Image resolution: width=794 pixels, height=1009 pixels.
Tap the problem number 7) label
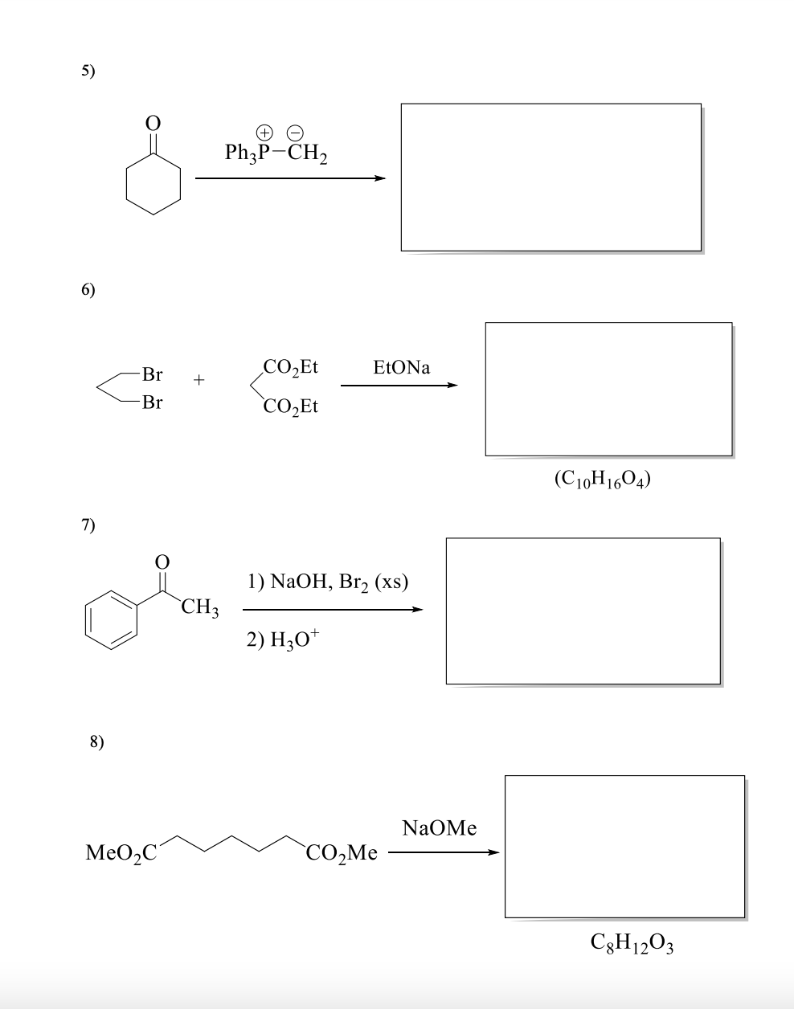tap(88, 526)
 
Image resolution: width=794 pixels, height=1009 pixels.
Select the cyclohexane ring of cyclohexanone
tap(155, 186)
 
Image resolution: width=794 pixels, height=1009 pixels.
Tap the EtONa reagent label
tap(402, 368)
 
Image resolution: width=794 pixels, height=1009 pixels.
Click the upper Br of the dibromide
tap(151, 374)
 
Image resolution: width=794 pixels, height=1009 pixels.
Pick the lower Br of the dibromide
tap(151, 402)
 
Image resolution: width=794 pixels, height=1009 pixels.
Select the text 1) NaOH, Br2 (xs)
tap(328, 582)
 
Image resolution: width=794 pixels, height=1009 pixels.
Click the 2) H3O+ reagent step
tap(283, 639)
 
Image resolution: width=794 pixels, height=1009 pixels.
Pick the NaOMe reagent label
tap(439, 828)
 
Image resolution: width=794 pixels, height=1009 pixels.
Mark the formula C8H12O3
tap(631, 941)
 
